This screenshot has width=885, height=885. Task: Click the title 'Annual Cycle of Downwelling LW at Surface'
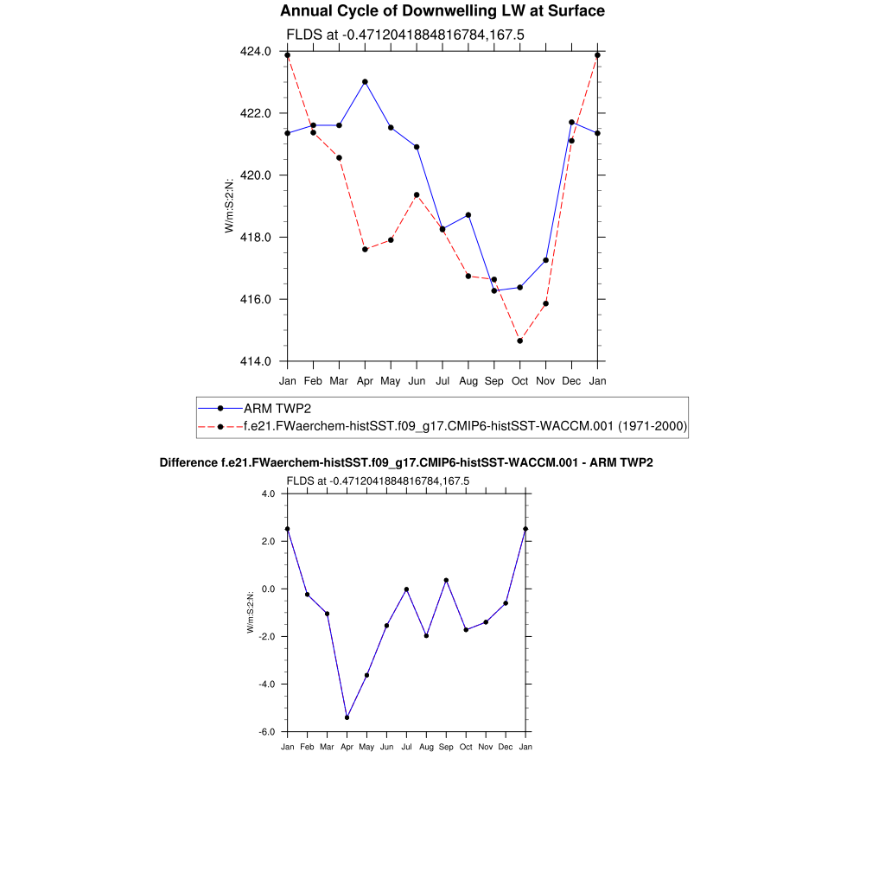(442, 11)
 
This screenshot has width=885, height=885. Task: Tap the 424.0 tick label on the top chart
(257, 52)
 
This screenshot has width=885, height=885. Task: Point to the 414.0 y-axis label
(257, 361)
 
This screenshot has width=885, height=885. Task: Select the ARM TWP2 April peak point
(365, 82)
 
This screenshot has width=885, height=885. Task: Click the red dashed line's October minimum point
(520, 341)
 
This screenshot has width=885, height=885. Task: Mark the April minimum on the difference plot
(347, 717)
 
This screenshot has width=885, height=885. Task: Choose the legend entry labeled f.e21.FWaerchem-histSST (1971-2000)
(465, 426)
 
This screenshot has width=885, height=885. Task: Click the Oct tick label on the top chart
(520, 380)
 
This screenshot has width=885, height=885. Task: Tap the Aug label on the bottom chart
(426, 747)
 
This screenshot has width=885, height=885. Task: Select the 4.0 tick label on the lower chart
(267, 493)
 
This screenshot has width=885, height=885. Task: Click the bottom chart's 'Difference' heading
(406, 463)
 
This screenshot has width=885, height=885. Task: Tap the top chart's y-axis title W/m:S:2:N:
(229, 206)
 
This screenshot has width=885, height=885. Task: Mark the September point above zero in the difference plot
(446, 580)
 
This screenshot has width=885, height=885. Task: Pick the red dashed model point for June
(417, 195)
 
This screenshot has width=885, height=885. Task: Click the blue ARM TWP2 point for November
(546, 260)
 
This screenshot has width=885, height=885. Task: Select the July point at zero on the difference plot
(406, 589)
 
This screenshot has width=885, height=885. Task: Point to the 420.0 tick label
(257, 175)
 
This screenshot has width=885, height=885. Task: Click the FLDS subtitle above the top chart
(405, 35)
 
